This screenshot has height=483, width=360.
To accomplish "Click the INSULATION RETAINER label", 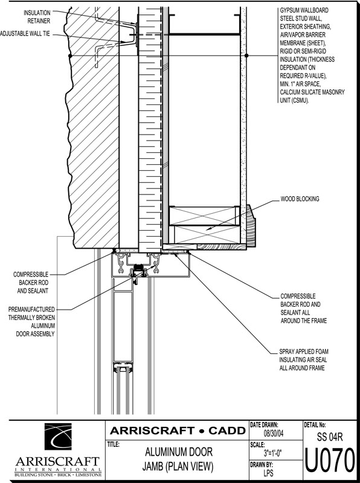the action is click(x=37, y=17).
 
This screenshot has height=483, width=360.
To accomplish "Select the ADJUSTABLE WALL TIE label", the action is click(x=25, y=34).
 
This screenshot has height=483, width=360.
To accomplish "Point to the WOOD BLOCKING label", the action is click(x=300, y=199).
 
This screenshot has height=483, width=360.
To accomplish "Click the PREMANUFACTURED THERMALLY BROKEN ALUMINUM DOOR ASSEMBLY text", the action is click(x=32, y=321).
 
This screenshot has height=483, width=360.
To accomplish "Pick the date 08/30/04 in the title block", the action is click(x=274, y=434).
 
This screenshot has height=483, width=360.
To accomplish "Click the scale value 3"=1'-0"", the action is click(x=273, y=452).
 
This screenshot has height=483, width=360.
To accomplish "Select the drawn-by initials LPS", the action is click(x=268, y=473).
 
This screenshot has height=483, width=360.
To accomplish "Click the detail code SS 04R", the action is click(x=329, y=437).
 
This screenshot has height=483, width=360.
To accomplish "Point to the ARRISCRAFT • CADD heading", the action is click(x=178, y=430).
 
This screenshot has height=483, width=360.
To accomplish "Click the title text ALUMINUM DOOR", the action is click(x=178, y=452).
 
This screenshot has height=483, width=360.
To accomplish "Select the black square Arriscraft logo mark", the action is click(x=58, y=437).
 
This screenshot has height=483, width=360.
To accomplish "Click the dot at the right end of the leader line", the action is click(x=246, y=56).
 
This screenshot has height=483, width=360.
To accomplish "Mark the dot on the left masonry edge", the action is click(x=70, y=56).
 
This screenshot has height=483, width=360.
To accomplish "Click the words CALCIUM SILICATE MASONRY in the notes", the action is click(x=312, y=92).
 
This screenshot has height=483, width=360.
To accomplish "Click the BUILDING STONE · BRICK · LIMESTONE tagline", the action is click(x=58, y=475).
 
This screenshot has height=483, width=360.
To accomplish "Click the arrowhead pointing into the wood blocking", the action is click(x=208, y=229).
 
